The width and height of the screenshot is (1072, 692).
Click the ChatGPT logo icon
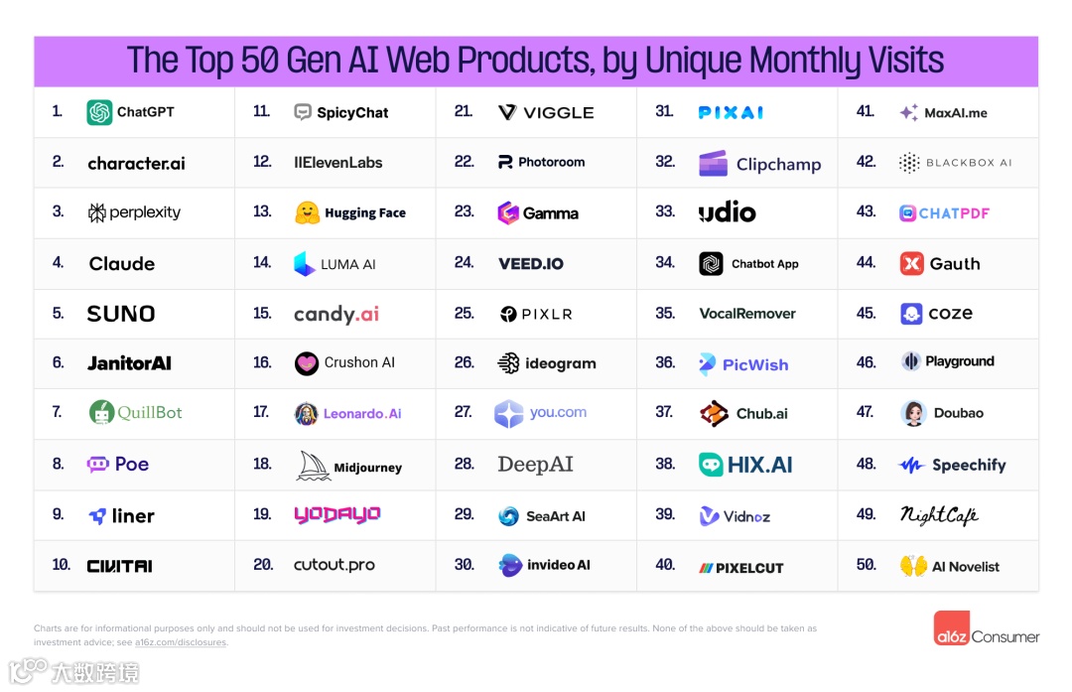(x=99, y=112)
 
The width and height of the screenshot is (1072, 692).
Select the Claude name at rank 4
(x=122, y=264)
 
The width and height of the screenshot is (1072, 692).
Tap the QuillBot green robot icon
(x=101, y=413)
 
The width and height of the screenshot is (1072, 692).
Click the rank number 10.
(x=62, y=565)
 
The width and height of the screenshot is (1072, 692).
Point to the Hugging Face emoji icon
(x=308, y=212)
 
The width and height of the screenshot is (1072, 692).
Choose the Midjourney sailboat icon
(x=314, y=466)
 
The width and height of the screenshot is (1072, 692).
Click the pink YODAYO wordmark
(x=337, y=514)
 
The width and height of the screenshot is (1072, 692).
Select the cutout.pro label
(x=335, y=565)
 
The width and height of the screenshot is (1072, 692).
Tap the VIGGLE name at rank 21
(x=558, y=112)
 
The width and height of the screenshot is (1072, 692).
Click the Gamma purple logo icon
(x=508, y=212)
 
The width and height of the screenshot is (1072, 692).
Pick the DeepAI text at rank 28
(x=535, y=465)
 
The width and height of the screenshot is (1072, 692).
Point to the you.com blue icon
(x=508, y=414)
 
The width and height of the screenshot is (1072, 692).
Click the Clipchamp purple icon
(x=713, y=164)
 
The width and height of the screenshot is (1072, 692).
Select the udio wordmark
(x=728, y=212)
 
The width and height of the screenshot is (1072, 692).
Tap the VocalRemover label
(x=747, y=314)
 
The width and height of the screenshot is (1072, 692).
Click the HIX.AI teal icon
(x=711, y=465)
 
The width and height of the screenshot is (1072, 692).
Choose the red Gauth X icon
(x=911, y=263)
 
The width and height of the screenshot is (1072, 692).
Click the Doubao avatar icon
(x=913, y=413)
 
